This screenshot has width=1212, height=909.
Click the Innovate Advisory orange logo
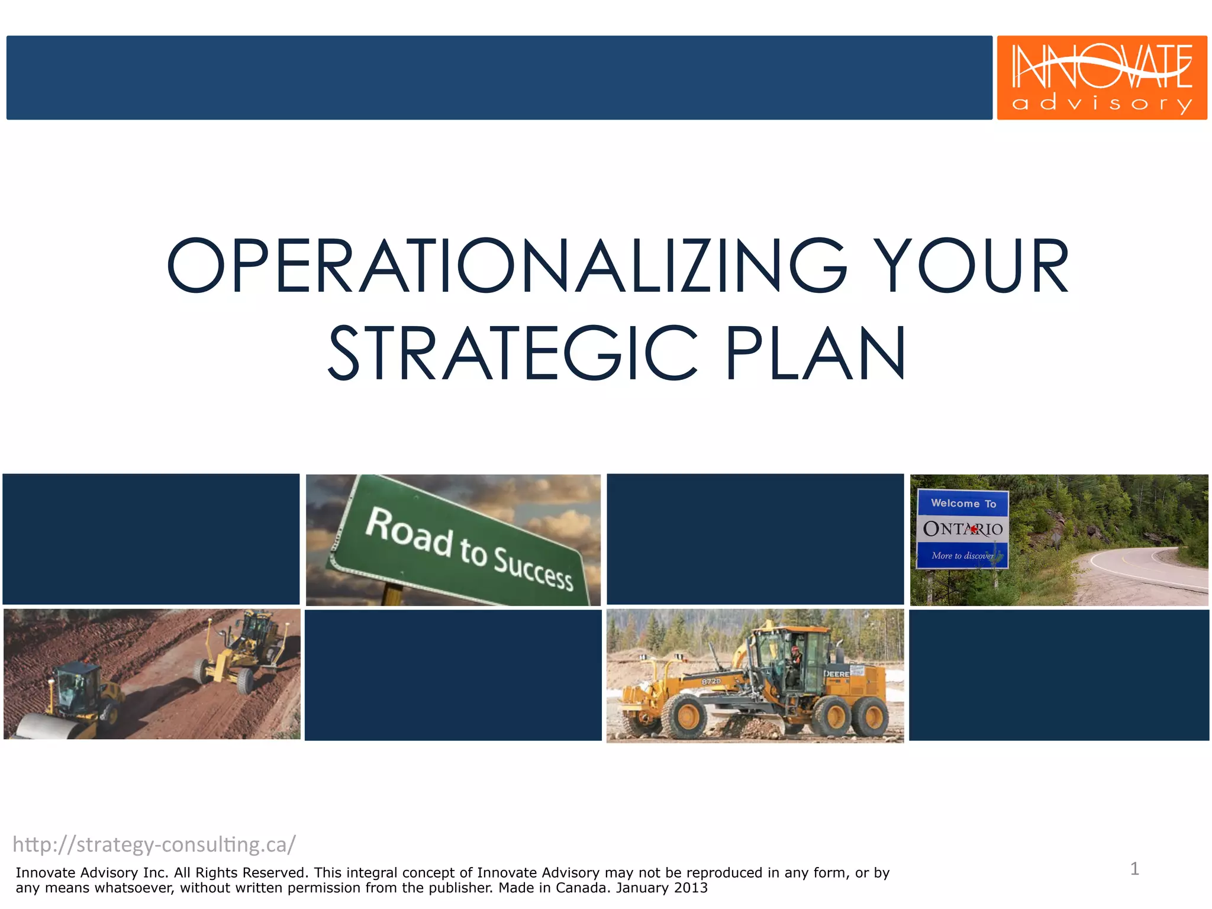pyautogui.click(x=1101, y=77)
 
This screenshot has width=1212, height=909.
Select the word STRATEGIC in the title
pyautogui.click(x=512, y=354)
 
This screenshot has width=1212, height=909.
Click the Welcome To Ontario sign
pyautogui.click(x=962, y=528)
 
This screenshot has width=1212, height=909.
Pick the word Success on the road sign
pyautogui.click(x=533, y=568)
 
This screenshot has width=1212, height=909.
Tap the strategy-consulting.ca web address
pyautogui.click(x=154, y=844)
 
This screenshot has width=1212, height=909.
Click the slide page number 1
pyautogui.click(x=1134, y=869)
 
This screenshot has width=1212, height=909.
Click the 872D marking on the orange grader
pyautogui.click(x=711, y=681)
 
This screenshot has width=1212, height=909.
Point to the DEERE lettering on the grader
pyautogui.click(x=836, y=674)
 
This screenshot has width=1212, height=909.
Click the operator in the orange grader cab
pyautogui.click(x=795, y=657)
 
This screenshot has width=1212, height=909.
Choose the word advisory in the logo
pyautogui.click(x=1101, y=104)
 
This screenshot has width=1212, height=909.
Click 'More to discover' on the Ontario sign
pyautogui.click(x=962, y=556)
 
